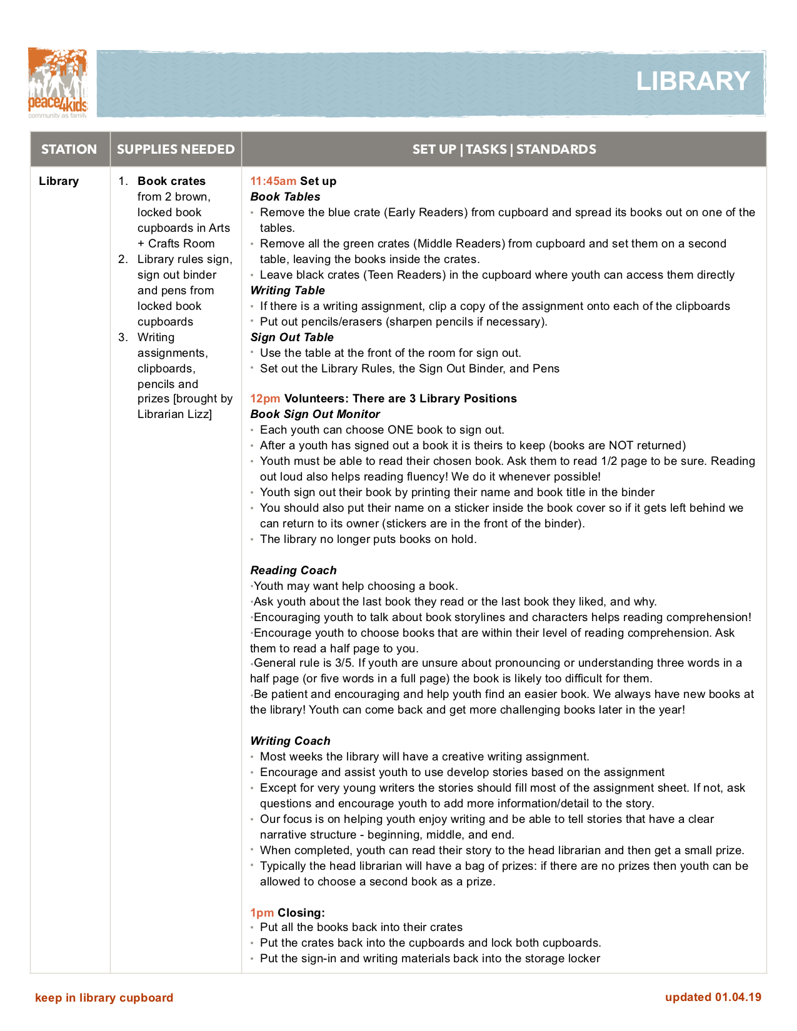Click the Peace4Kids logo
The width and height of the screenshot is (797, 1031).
(58, 83)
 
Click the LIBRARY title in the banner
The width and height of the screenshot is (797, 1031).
(693, 81)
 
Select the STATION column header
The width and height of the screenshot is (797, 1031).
(69, 149)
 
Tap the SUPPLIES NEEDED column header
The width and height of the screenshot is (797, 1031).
(176, 149)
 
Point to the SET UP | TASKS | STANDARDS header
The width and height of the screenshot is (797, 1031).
(504, 149)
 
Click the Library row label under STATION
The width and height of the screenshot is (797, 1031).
(59, 181)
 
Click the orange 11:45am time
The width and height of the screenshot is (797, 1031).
(273, 181)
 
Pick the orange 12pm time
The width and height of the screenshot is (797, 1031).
(265, 399)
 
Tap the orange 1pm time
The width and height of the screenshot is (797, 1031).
(262, 912)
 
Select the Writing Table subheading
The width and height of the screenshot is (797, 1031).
(288, 291)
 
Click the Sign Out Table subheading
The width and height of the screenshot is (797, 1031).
(292, 337)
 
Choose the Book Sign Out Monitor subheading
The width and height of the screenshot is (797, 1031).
(315, 414)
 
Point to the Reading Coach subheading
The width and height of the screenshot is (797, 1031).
(293, 570)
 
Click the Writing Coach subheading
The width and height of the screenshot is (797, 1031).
(290, 741)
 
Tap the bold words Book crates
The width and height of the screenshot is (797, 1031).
(171, 181)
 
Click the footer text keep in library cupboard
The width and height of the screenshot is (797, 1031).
(104, 997)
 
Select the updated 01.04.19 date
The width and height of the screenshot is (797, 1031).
(713, 997)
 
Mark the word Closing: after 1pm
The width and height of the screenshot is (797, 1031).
(301, 912)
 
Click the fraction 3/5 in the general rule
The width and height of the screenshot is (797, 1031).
(343, 663)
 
